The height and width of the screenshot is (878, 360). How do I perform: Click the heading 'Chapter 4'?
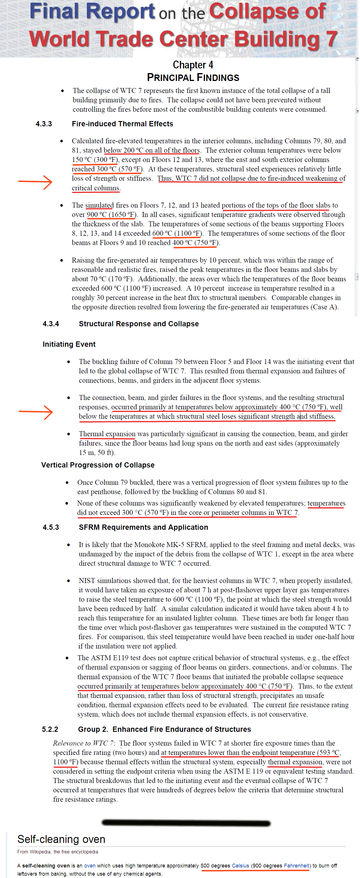pos(193,65)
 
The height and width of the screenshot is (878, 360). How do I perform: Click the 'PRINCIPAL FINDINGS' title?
pos(193,78)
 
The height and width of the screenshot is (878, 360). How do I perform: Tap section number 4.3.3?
pos(44,124)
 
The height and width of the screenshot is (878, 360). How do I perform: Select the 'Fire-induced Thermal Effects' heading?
pos(122,124)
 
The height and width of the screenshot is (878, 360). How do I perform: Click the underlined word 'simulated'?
pos(99,205)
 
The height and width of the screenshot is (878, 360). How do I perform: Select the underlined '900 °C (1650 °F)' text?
pos(111,215)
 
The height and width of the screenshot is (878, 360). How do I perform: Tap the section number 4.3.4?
pos(51,324)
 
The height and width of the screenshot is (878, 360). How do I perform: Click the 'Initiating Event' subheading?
pos(69,344)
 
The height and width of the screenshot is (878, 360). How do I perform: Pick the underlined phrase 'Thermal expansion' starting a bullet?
pos(107,434)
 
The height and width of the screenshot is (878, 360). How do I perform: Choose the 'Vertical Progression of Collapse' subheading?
pos(98,465)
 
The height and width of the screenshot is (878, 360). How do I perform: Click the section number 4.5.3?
pos(51,527)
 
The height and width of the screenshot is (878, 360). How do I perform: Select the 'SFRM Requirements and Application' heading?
pos(143,527)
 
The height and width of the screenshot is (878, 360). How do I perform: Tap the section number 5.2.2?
pos(50,729)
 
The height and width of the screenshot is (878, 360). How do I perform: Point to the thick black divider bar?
pos(186,823)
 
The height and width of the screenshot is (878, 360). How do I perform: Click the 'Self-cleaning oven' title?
pos(61,839)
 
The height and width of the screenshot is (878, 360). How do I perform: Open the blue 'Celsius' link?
pos(240,865)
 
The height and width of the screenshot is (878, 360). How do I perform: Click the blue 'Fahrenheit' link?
pos(296,865)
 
